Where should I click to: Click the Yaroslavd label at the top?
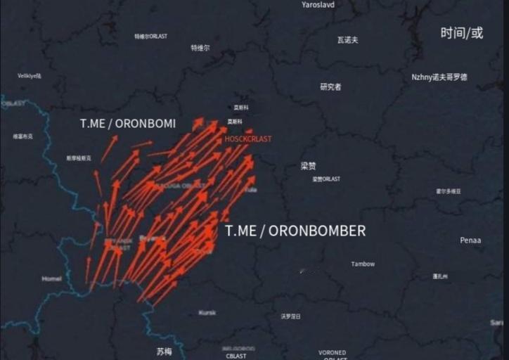coord(318,5)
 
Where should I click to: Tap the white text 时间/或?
coord(462,33)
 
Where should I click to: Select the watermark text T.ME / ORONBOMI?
coord(128,123)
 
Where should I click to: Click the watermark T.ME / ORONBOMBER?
coord(295,231)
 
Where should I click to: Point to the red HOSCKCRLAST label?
coord(247,139)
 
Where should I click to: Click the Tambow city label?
coord(363,264)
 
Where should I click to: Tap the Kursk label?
coord(207,312)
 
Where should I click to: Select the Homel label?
coord(51,278)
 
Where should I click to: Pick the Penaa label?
coord(470,240)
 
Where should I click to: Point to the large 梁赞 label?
coord(309,167)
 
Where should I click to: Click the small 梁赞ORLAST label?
coord(326,179)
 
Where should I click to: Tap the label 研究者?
coord(330,87)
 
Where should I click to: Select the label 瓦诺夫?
coord(347,40)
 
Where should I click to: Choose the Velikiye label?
coord(30,76)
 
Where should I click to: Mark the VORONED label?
coord(332,352)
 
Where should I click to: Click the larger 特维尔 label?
coord(200,48)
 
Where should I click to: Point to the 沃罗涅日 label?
coord(290,316)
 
